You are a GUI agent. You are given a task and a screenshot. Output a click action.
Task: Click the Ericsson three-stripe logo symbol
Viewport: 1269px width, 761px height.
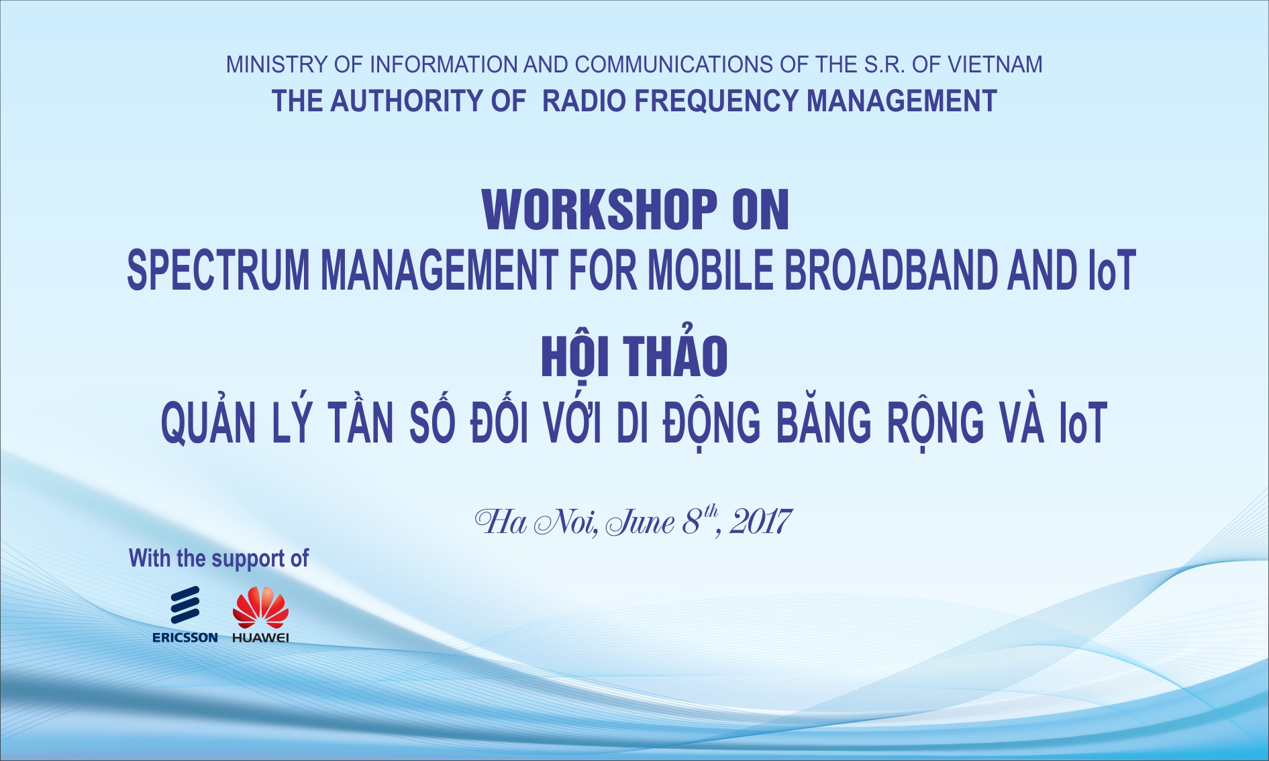tap(185, 605)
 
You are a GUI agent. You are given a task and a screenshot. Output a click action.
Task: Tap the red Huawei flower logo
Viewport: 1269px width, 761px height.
tap(260, 607)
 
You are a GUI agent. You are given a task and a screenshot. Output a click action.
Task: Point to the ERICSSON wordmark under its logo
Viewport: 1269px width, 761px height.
tap(185, 638)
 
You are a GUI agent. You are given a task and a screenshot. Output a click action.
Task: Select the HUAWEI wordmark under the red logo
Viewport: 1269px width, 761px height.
tap(260, 638)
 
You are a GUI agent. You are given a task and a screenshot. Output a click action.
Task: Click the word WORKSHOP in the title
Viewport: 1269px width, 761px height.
tap(600, 211)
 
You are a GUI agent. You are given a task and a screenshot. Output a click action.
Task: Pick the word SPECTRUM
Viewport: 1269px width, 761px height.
tap(219, 270)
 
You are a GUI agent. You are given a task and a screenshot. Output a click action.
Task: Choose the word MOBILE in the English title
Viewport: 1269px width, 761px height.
tap(711, 270)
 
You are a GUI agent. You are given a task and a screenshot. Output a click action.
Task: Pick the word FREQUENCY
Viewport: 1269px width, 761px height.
tap(717, 101)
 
